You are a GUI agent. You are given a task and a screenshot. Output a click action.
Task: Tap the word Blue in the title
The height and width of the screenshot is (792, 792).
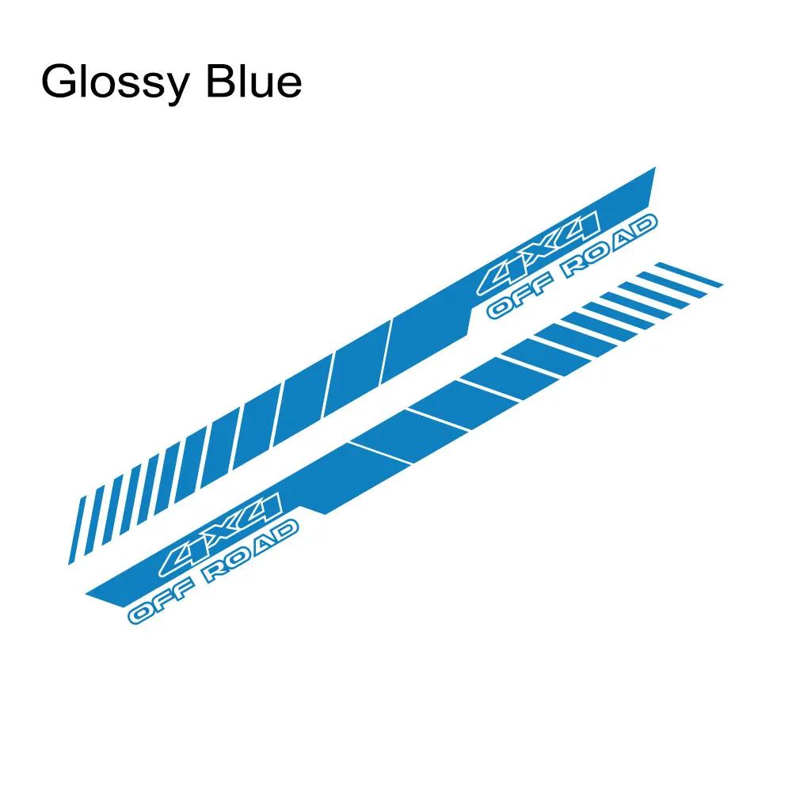point(253,81)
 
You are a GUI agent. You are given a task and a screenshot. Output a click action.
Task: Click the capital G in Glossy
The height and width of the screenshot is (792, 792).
point(59,81)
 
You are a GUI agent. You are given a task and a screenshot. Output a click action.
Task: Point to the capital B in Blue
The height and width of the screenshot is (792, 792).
point(220,81)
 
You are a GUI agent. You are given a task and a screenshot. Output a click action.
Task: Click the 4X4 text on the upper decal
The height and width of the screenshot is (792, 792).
point(539,253)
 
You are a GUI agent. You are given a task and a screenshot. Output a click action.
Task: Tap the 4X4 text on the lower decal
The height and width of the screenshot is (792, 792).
point(220,535)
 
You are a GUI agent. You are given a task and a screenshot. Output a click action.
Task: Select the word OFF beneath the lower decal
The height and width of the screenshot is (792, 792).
point(162,601)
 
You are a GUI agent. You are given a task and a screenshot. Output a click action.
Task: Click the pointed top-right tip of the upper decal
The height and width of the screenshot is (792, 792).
point(655,168)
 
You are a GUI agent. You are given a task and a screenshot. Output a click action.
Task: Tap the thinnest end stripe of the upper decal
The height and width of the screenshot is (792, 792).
point(76,531)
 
